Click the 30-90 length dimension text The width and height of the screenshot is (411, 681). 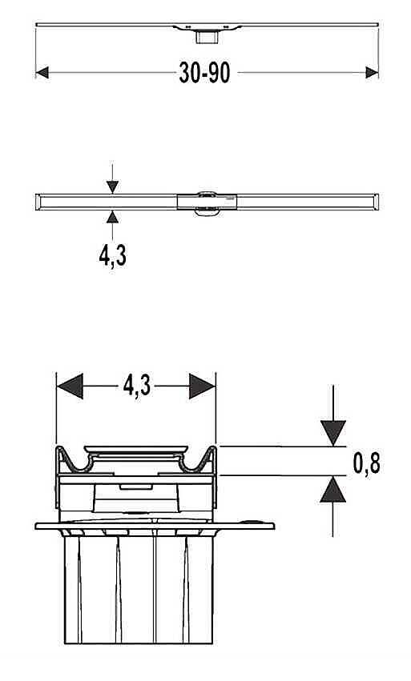[204, 73]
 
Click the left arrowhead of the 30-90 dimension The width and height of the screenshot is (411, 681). [42, 73]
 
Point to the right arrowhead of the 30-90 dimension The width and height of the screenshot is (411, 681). [372, 73]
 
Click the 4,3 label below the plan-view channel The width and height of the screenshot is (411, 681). [113, 256]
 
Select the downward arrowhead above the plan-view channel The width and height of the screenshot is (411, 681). [112, 187]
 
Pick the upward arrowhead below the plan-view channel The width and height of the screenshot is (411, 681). [112, 217]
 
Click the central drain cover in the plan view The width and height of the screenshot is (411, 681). [207, 202]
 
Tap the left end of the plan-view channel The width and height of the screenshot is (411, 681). [38, 202]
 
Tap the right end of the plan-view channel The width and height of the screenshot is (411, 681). [377, 202]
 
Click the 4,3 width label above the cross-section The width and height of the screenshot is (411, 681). [137, 386]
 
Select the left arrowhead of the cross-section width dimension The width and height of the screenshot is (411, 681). [70, 386]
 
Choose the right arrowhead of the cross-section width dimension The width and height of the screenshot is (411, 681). [202, 386]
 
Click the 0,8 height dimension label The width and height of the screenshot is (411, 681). [366, 463]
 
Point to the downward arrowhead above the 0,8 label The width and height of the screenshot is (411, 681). [333, 433]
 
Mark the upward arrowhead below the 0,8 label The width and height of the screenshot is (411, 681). [333, 489]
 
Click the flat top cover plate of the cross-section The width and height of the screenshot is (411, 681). [135, 449]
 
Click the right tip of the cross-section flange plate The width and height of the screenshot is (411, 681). [273, 527]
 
